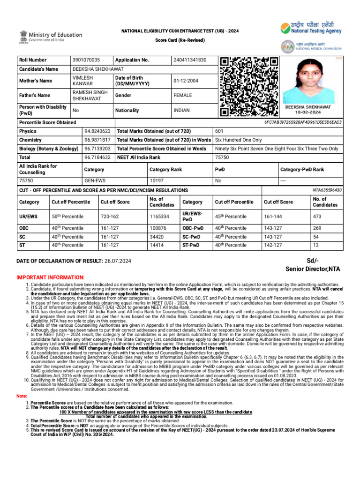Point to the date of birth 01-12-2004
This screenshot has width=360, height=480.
[x=186, y=81]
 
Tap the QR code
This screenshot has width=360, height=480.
[x=249, y=87]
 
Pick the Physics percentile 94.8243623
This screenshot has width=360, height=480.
[x=97, y=131]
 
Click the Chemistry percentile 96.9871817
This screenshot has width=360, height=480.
[x=97, y=140]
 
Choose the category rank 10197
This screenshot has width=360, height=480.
[x=157, y=180]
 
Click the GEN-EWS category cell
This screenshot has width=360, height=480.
[x=95, y=180]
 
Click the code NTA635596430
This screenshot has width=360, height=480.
[x=327, y=190]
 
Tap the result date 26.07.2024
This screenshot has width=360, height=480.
[x=118, y=261]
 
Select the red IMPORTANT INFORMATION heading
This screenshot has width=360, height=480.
[x=51, y=277]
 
